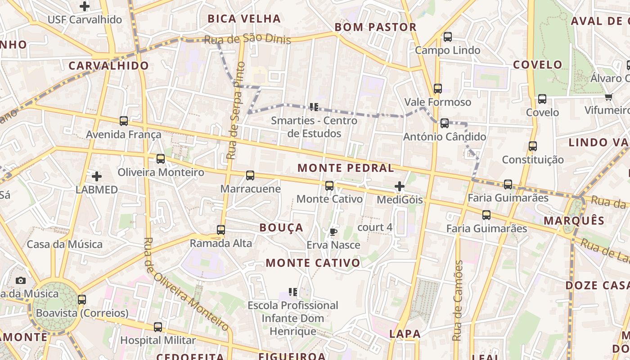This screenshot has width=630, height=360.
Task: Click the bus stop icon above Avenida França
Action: point(124,121)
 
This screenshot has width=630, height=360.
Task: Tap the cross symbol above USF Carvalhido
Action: point(84,6)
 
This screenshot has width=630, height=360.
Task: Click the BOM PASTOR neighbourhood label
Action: point(376,27)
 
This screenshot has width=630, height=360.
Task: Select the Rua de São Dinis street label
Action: point(247,39)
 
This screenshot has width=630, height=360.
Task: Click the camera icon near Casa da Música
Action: point(21,280)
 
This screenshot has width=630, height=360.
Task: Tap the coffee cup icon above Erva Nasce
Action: point(333,232)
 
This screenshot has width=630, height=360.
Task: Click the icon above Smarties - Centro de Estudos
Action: point(314,107)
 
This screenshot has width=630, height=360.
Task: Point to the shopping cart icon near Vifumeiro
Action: point(609,97)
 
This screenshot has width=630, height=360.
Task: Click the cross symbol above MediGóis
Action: point(399,186)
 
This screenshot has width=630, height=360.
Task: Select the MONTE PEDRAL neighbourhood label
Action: point(346,168)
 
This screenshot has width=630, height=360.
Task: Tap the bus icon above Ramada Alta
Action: point(220,229)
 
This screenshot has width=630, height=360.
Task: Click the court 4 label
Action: point(375,227)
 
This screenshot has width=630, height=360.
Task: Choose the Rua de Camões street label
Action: point(458,300)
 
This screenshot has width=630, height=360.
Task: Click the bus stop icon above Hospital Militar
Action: point(158,327)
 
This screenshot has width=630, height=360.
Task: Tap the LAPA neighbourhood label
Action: point(405,334)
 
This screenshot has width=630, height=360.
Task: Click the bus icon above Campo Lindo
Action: point(447,37)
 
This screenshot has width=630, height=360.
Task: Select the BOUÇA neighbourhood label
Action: point(281,228)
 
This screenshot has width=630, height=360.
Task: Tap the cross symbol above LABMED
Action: point(96,176)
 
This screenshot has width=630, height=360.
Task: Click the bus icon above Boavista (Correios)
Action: point(81,299)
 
